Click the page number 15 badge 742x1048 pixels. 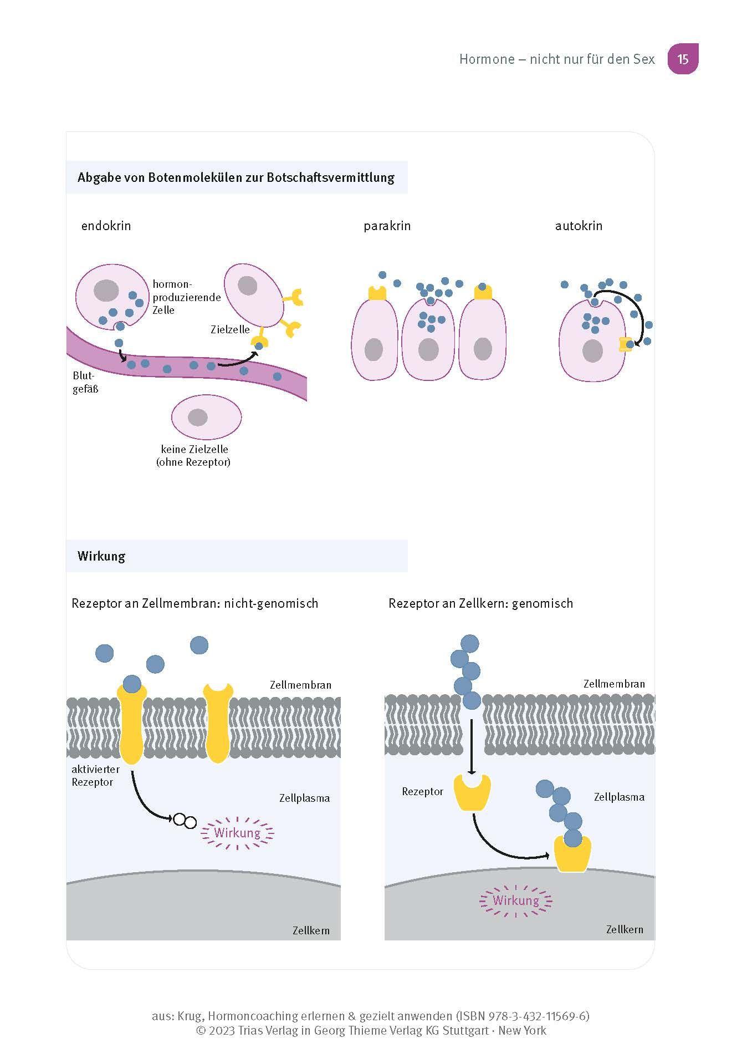(x=683, y=59)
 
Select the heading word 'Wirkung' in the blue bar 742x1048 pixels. (x=101, y=556)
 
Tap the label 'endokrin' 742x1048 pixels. (x=106, y=226)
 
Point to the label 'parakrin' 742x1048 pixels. (x=387, y=226)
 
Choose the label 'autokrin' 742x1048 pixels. (x=579, y=226)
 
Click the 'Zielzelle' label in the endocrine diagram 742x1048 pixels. (x=230, y=329)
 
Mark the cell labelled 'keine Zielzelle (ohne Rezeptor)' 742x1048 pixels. (x=206, y=417)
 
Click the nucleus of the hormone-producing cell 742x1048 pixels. (x=106, y=291)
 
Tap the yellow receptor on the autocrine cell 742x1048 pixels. (x=626, y=344)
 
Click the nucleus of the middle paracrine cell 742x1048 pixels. (x=428, y=350)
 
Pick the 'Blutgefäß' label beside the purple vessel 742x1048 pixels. (x=85, y=383)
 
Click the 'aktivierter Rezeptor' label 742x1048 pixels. (x=95, y=776)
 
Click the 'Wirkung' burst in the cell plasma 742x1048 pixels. (x=237, y=833)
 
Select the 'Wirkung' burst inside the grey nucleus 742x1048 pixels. (x=516, y=901)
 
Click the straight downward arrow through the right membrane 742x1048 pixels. (x=471, y=746)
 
